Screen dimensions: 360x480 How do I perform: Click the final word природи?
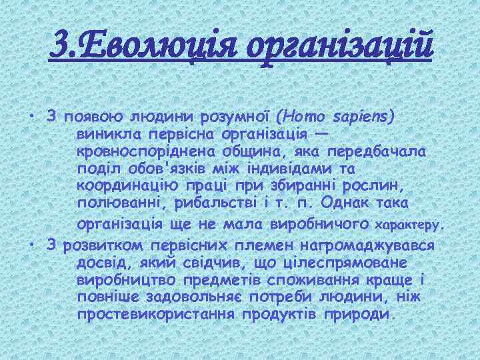pyautogui.click(x=361, y=314)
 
